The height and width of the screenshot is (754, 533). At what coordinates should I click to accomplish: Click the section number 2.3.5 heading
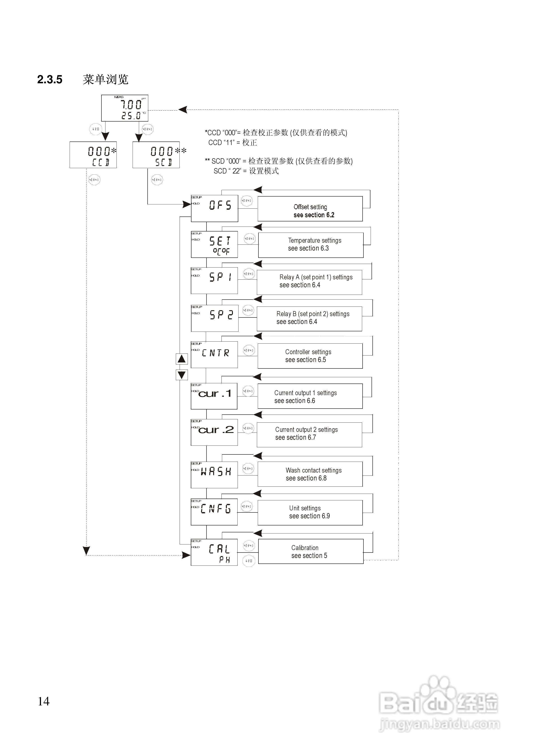tap(50, 79)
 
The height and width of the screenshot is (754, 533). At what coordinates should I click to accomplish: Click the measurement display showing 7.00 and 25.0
tap(125, 108)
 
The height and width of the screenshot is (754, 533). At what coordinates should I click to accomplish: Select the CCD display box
tap(93, 155)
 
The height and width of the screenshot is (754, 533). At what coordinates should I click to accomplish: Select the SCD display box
tap(156, 155)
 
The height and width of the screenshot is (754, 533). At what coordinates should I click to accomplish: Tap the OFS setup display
tap(215, 208)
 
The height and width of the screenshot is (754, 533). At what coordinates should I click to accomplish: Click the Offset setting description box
tap(310, 209)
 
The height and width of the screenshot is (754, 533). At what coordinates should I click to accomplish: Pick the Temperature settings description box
tap(311, 245)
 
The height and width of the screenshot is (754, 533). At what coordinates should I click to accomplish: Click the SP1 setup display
tap(214, 281)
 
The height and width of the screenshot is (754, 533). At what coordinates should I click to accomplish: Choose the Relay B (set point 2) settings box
tap(309, 319)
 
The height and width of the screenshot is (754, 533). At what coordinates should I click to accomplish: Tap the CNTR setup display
tap(214, 355)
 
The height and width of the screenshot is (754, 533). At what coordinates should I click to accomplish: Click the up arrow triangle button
tap(182, 359)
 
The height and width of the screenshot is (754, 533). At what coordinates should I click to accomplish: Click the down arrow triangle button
tap(182, 375)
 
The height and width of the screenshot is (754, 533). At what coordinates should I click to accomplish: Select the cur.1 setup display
tap(214, 396)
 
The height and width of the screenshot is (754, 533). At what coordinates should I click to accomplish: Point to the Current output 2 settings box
tap(309, 435)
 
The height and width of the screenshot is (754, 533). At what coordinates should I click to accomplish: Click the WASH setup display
tap(214, 475)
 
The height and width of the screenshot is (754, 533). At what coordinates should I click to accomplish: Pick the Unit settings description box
tap(310, 513)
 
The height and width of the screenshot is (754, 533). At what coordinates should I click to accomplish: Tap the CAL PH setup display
tap(214, 552)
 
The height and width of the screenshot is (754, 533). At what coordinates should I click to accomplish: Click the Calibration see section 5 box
tap(311, 551)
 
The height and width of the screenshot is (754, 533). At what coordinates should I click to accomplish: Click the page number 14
tap(44, 701)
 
